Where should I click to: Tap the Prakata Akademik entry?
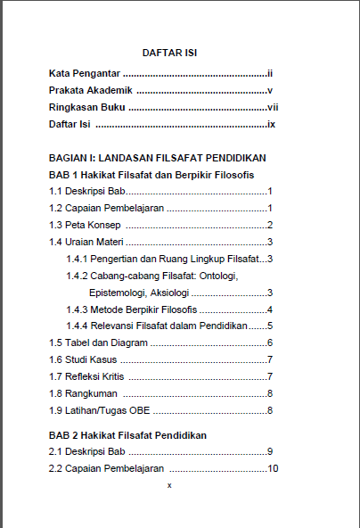click(91, 90)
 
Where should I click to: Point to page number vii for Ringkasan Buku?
click(273, 107)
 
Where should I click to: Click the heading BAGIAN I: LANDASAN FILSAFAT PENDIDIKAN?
click(157, 158)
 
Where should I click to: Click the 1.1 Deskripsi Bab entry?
click(88, 191)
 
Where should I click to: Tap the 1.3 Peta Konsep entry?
click(85, 225)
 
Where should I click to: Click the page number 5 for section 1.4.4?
click(269, 326)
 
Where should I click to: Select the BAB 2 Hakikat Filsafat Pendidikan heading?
click(128, 435)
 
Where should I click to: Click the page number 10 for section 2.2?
click(274, 469)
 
